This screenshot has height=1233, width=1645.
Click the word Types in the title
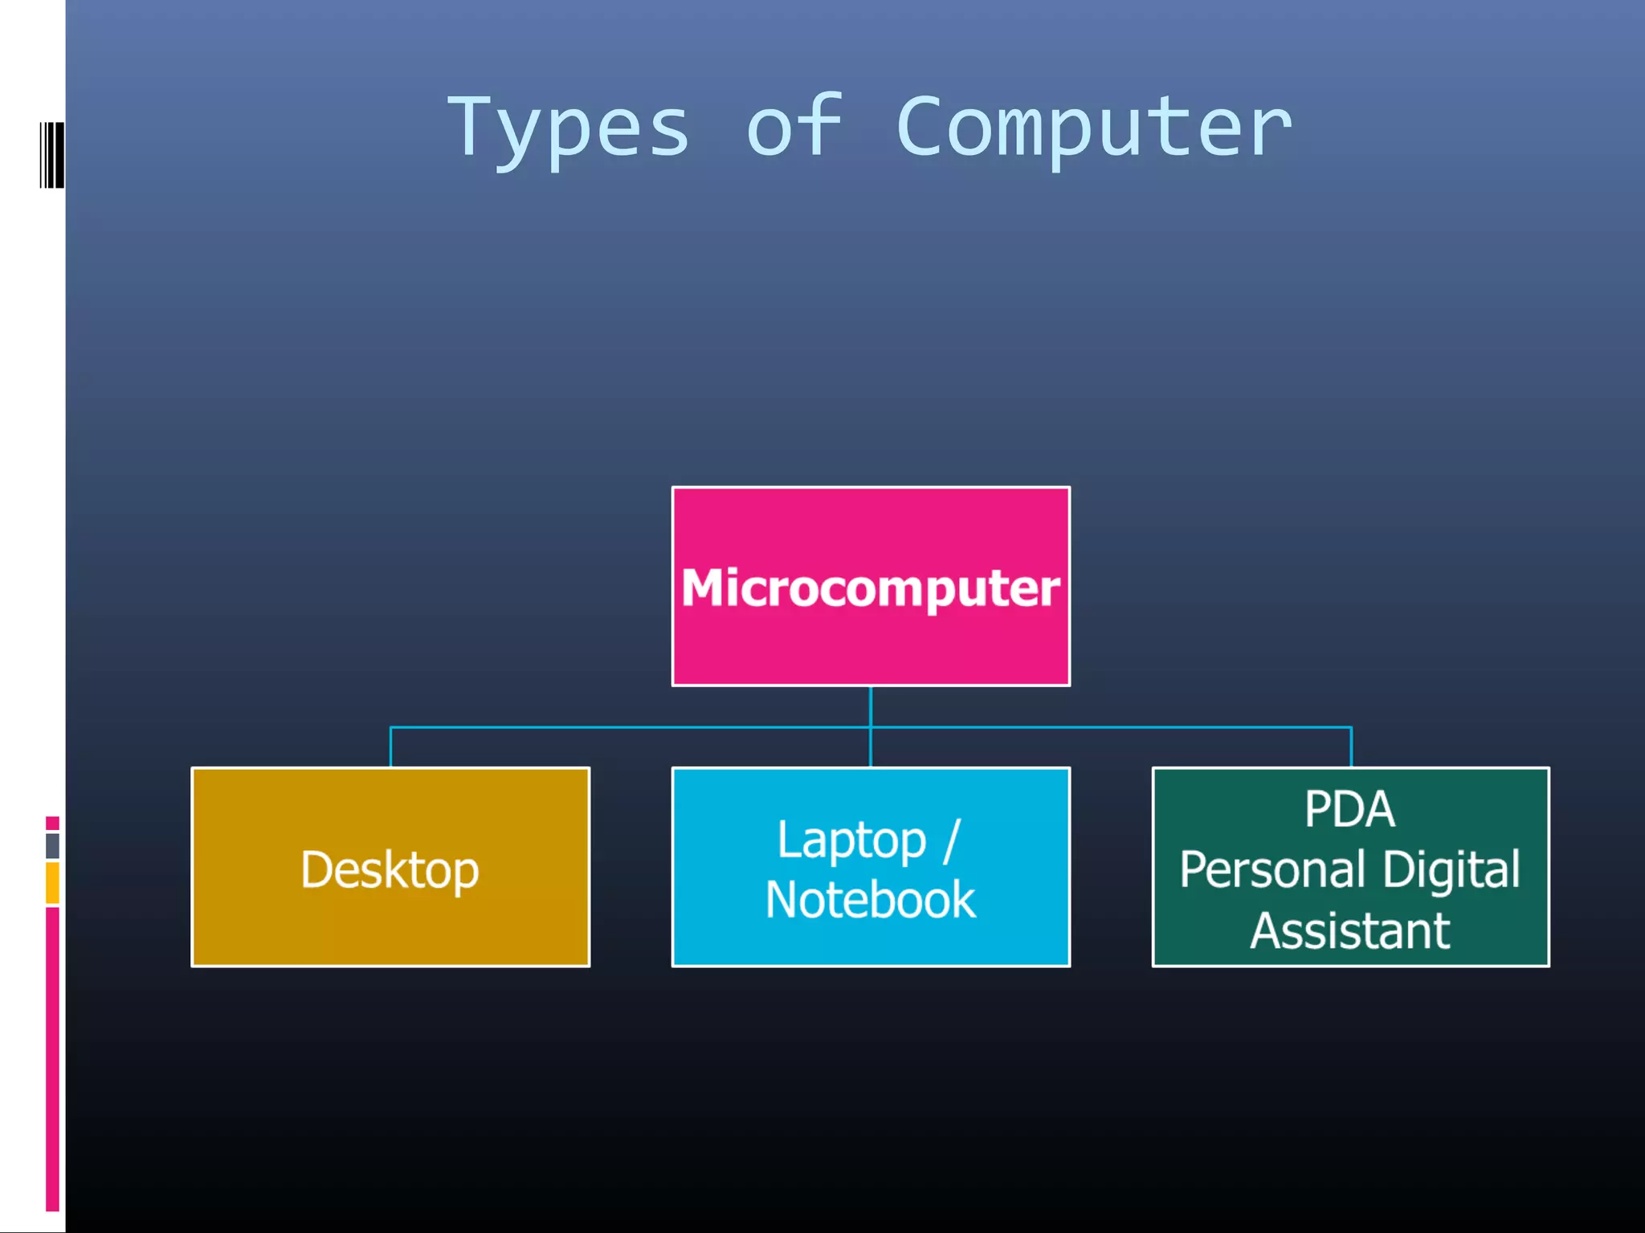569,128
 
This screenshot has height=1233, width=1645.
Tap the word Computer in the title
1093,128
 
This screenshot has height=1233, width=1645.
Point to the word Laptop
851,840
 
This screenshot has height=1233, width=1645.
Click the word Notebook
871,900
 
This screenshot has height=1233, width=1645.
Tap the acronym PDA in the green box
1349,809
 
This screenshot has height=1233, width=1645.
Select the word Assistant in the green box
1350,931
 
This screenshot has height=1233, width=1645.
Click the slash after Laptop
952,840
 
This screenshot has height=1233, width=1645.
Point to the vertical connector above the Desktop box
390,747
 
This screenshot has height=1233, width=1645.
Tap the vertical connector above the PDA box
1351,747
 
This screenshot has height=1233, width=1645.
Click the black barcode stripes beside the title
51,155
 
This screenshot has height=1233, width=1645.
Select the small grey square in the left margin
52,845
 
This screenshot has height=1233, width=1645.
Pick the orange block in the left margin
52,882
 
